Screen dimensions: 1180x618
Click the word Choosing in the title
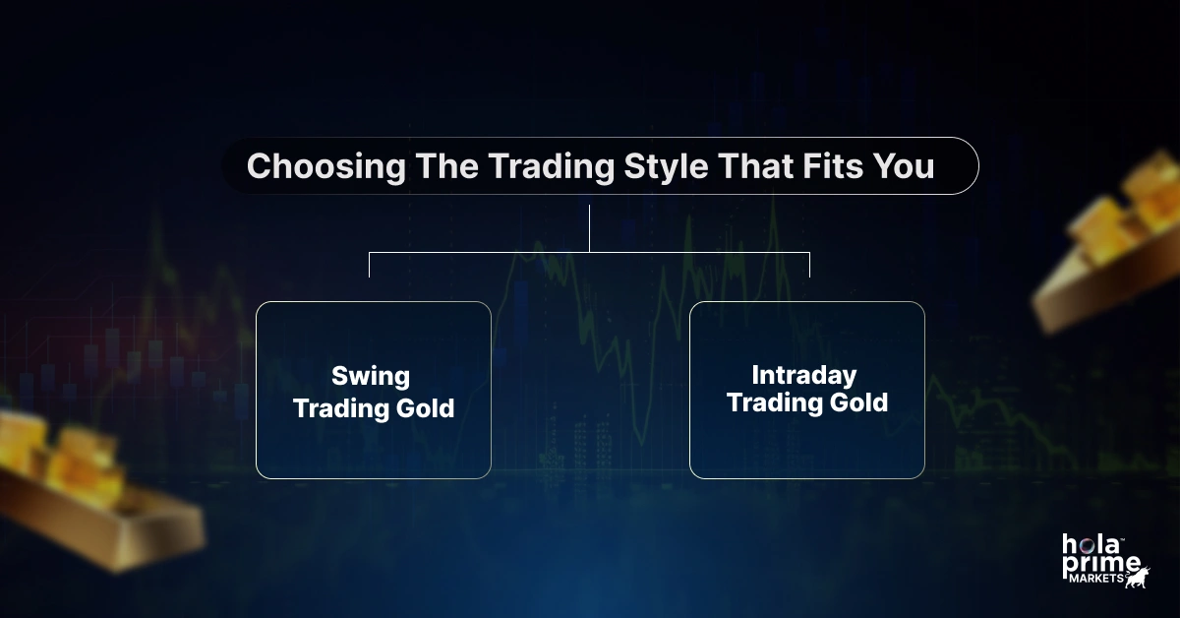tap(326, 167)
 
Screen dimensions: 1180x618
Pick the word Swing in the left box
tap(371, 377)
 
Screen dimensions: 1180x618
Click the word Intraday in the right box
tap(804, 376)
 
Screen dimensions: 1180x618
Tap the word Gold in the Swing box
tap(425, 408)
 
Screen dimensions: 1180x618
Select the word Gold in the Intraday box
tap(858, 402)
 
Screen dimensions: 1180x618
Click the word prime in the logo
tap(1101, 566)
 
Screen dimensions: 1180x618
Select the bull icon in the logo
tap(1138, 578)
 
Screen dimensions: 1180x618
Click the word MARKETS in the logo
tap(1096, 579)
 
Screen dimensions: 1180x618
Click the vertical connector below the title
tap(589, 229)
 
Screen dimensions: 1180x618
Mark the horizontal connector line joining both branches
tap(589, 253)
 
